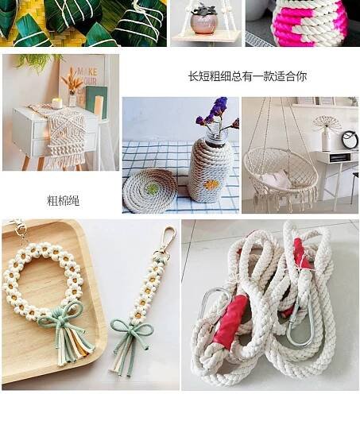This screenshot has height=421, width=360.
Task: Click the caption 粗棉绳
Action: tap(63, 200)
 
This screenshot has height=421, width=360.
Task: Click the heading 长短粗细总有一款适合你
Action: tap(247, 76)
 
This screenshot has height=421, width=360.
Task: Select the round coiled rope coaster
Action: tap(149, 191)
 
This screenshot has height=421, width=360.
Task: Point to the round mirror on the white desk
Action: tap(350, 139)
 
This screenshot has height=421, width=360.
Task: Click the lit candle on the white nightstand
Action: tap(57, 103)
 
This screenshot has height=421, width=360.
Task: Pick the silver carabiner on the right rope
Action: tap(300, 324)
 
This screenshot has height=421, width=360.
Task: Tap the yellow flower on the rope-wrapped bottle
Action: tap(212, 185)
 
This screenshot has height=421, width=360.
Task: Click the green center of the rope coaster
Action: tap(153, 188)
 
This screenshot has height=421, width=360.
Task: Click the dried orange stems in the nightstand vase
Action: tap(72, 79)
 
